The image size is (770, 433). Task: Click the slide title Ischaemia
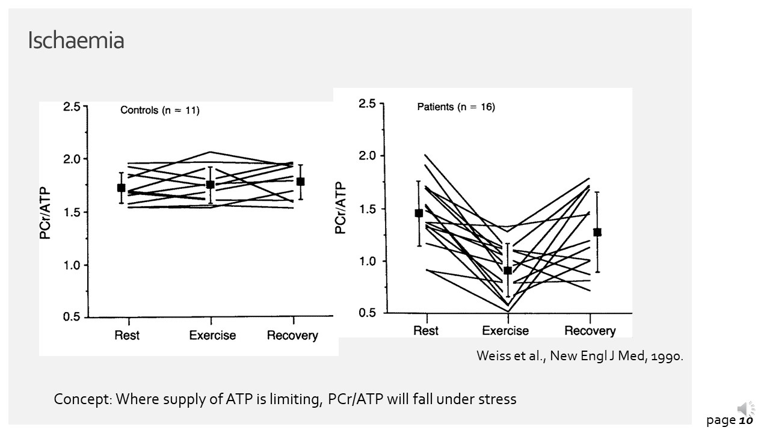[76, 41]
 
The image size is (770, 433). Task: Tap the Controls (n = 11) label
[160, 110]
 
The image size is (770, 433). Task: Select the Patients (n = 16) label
[456, 107]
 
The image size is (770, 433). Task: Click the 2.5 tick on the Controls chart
[72, 107]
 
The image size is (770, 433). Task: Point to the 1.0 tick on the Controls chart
[72, 265]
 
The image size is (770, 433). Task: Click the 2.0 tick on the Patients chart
[367, 156]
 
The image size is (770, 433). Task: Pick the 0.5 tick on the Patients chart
[367, 313]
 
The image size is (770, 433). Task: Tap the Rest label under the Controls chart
[127, 335]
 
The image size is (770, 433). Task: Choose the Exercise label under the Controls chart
[212, 335]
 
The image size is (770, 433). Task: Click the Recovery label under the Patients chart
[590, 331]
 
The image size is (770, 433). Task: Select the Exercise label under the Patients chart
[505, 331]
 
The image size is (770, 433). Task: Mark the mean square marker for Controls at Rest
[122, 188]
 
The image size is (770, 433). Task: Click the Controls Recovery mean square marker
[300, 181]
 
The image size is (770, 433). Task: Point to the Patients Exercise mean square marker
[508, 271]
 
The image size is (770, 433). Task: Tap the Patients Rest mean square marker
[419, 213]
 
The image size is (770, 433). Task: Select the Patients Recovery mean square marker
[597, 232]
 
